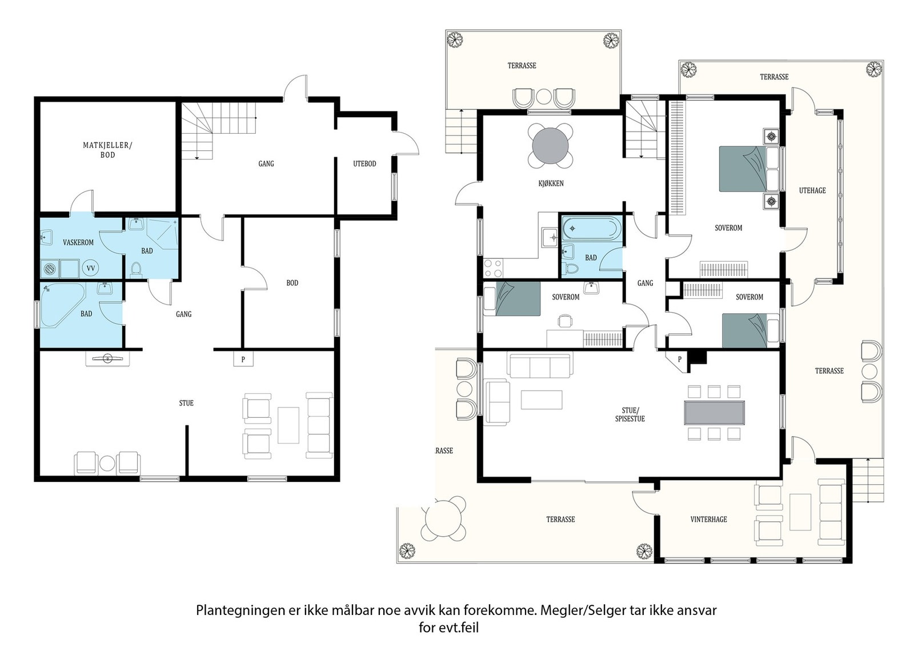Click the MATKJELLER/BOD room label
(108, 150)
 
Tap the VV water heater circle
(91, 268)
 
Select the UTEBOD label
(364, 163)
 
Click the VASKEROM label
(78, 242)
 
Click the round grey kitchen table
(551, 146)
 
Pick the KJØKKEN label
(551, 183)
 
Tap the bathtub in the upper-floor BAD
(591, 228)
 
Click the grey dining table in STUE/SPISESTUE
(714, 413)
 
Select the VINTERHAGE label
(708, 520)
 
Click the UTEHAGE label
(812, 190)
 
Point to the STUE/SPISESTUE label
(630, 414)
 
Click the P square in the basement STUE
(243, 359)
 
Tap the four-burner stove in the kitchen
(493, 268)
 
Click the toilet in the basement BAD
(136, 269)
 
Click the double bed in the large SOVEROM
(749, 169)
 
